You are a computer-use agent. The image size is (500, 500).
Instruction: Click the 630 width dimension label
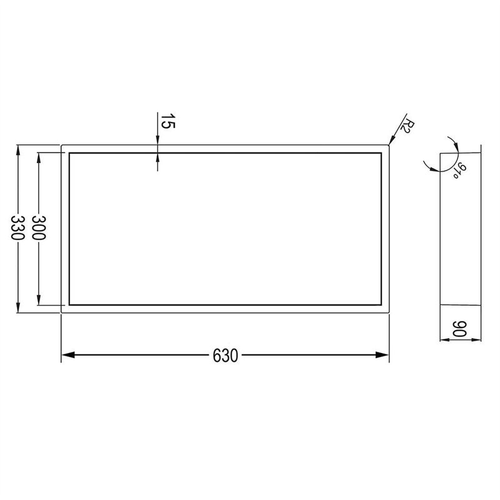(x=226, y=356)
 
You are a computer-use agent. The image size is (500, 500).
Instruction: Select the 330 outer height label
(x=18, y=227)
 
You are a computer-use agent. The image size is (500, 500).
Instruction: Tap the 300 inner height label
(x=39, y=227)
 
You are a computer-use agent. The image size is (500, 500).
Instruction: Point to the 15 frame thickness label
(x=167, y=121)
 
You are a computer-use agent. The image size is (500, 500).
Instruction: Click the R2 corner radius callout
(x=407, y=126)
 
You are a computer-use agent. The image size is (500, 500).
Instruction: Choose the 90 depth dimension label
(x=460, y=329)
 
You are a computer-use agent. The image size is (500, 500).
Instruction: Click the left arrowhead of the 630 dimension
(x=67, y=354)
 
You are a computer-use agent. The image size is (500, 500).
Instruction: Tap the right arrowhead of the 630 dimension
(x=382, y=354)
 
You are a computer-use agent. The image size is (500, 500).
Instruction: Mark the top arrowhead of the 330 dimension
(x=18, y=151)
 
